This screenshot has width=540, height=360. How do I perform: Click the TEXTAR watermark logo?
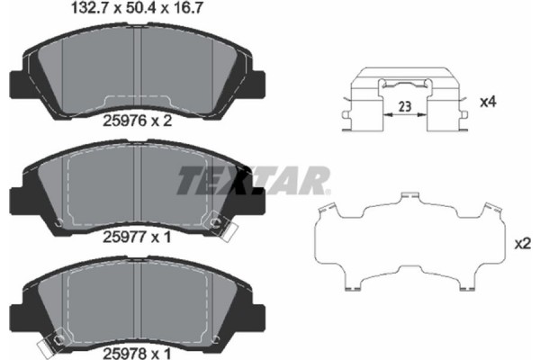coord(253,181)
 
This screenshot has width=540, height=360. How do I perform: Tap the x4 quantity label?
coord(487,103)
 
